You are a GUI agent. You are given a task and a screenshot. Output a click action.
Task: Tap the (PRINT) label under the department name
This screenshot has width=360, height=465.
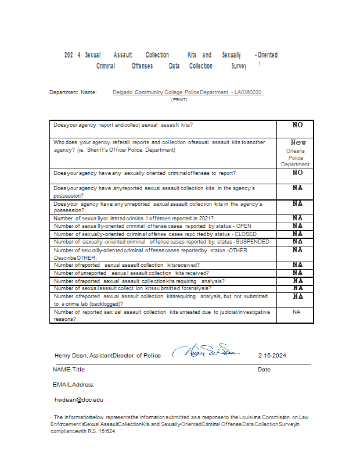coord(179,100)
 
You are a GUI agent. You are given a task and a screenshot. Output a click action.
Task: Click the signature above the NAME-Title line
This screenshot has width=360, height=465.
coord(208,352)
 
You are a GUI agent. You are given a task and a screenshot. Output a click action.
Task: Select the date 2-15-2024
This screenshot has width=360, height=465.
coord(272,356)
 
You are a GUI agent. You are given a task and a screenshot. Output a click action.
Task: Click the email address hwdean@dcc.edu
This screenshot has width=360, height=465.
coord(78,400)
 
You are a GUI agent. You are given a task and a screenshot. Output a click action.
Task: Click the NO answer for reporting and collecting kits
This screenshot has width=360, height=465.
coord(297,125)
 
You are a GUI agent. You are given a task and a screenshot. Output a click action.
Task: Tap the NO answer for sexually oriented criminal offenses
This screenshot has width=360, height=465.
coord(297,173)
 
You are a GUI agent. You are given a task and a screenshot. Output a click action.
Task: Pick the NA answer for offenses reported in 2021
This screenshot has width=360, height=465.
coord(297,218)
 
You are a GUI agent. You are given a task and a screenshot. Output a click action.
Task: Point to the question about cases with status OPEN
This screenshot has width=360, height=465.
coord(152,226)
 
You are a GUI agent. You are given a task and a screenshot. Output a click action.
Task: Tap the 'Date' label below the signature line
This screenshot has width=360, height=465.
coord(264,370)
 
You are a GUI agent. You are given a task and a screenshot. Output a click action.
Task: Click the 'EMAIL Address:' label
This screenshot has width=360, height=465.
coord(74,385)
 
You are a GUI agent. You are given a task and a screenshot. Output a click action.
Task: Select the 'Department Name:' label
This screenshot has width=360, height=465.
coord(73,92)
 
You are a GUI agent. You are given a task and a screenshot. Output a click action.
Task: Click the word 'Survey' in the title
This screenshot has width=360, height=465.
coord(239,66)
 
